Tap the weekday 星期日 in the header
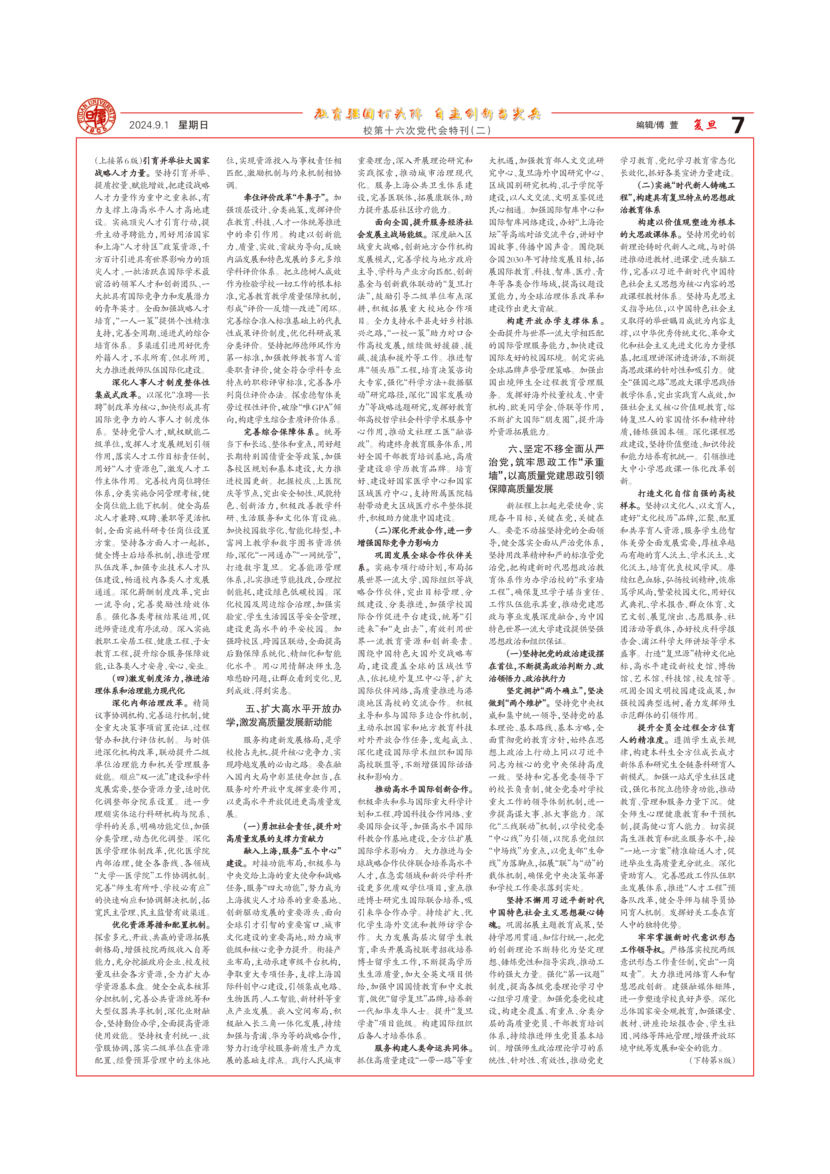click(x=193, y=125)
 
